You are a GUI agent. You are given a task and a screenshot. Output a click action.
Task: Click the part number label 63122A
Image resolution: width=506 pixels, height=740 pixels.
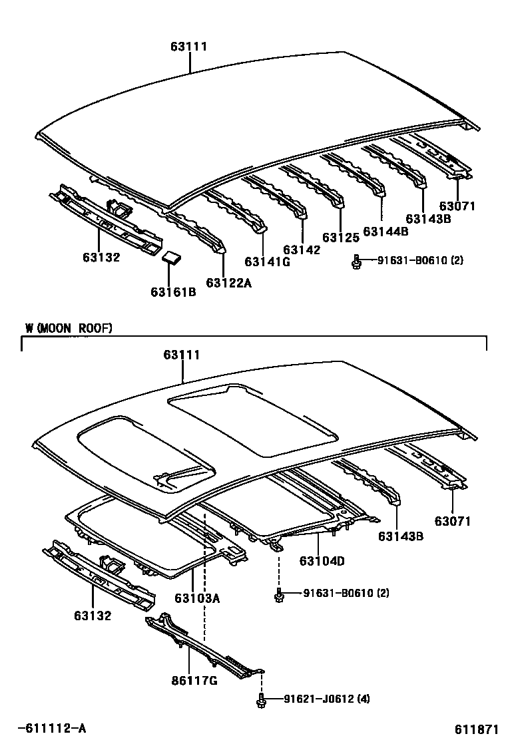click(x=228, y=283)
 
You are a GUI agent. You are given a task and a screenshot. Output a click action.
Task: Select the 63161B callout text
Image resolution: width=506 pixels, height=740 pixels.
click(x=173, y=291)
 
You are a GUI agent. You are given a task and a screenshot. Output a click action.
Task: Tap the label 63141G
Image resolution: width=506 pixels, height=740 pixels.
click(x=268, y=262)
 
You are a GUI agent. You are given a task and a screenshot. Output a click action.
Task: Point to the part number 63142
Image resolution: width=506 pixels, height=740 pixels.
click(x=302, y=250)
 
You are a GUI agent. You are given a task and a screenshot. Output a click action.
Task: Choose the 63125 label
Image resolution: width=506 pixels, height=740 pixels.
click(x=341, y=238)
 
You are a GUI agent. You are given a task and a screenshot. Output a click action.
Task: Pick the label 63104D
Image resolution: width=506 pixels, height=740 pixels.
click(x=322, y=561)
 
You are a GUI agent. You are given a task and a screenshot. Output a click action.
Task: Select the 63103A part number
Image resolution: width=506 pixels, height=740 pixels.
click(x=197, y=598)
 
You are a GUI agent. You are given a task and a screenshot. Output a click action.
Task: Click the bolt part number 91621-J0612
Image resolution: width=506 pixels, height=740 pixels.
click(x=319, y=699)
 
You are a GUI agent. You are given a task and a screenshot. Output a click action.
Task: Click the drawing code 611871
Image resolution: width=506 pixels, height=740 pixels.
click(x=477, y=729)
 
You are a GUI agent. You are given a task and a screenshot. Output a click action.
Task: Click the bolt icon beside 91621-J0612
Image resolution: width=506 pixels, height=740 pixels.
click(x=262, y=699)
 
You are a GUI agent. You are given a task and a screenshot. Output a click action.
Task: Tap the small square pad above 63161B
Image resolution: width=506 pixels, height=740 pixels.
click(x=173, y=258)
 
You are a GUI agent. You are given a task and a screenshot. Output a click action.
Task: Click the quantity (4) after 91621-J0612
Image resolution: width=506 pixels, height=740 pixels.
click(x=364, y=699)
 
